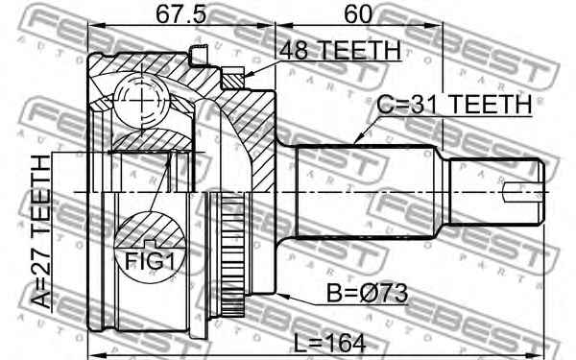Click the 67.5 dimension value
(x=181, y=14)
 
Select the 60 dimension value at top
(x=358, y=14)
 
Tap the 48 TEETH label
(x=340, y=50)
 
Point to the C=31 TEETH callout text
(x=455, y=104)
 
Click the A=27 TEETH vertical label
(x=40, y=231)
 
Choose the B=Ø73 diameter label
(x=368, y=293)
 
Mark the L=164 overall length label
(x=330, y=344)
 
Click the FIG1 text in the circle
(x=149, y=261)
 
